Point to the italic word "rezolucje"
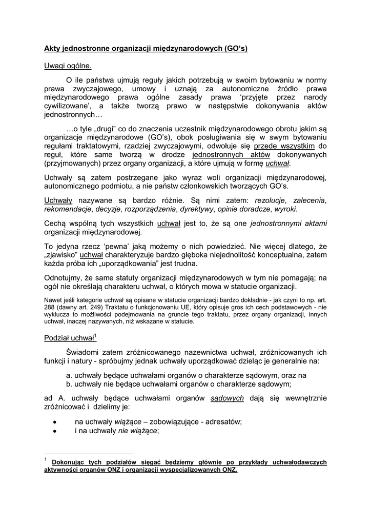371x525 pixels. click(270, 200)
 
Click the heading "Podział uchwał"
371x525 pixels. click(69, 338)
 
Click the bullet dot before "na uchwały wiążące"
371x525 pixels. click(55, 421)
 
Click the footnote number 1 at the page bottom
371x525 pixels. click(46, 460)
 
